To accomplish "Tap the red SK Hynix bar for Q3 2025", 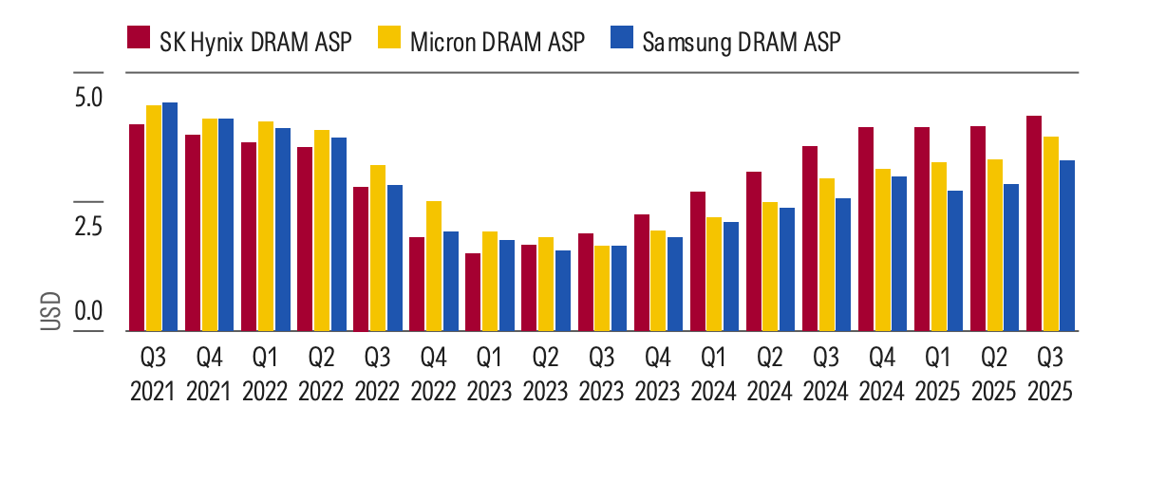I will click(x=1034, y=223).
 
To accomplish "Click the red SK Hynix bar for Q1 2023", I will click(x=473, y=292).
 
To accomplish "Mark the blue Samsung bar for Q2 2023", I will click(x=563, y=290).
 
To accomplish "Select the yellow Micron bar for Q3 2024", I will click(x=827, y=254).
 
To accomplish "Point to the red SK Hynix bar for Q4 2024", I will click(x=866, y=229).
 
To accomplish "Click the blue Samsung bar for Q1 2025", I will click(x=955, y=261).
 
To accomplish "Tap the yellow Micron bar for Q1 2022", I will click(x=266, y=226).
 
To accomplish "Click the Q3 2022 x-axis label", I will click(x=378, y=375).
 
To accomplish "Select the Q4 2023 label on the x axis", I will click(x=658, y=375).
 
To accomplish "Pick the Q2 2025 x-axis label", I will click(x=994, y=375).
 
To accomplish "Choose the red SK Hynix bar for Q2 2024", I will click(x=754, y=251).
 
